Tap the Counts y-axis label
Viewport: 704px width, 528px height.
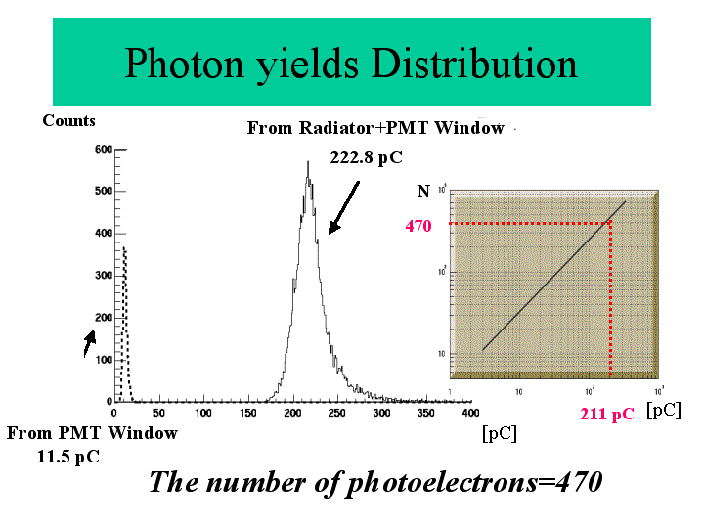pyautogui.click(x=68, y=121)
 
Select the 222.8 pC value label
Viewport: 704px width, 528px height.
pyautogui.click(x=366, y=157)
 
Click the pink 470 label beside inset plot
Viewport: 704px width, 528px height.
pyautogui.click(x=418, y=226)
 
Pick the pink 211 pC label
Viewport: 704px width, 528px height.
pyautogui.click(x=606, y=414)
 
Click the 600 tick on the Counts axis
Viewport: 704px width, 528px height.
pyautogui.click(x=103, y=150)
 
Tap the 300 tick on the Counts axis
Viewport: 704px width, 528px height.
pyautogui.click(x=103, y=276)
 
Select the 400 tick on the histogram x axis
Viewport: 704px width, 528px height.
pyautogui.click(x=469, y=414)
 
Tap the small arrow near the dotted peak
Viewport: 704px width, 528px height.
pyautogui.click(x=89, y=341)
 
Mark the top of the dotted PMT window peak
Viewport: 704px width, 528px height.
pyautogui.click(x=123, y=248)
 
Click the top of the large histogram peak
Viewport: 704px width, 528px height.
pyautogui.click(x=308, y=163)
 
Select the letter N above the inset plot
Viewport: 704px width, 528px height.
pyautogui.click(x=423, y=189)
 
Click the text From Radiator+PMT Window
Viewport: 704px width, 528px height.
pyautogui.click(x=375, y=128)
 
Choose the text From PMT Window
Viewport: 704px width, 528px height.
pyautogui.click(x=93, y=433)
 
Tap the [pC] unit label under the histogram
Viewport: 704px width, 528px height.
pyautogui.click(x=499, y=432)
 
